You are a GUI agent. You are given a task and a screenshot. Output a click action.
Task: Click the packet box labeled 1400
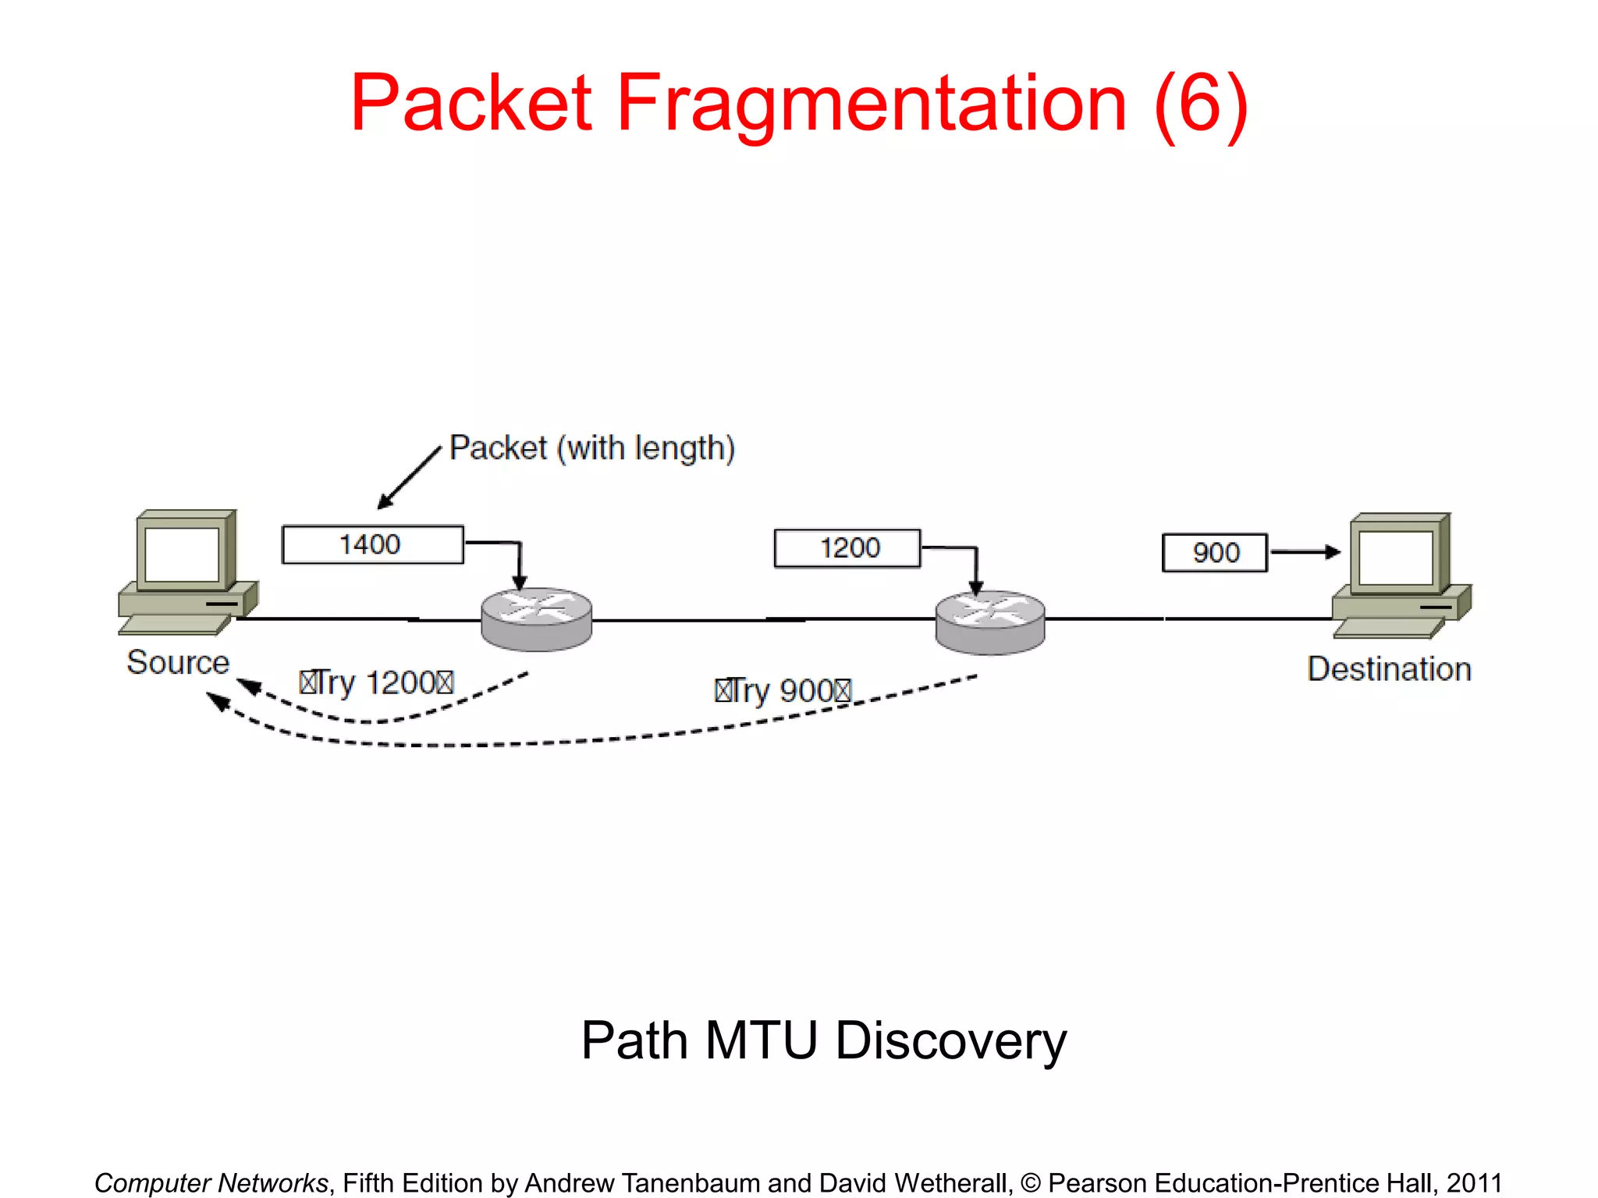pyautogui.click(x=372, y=544)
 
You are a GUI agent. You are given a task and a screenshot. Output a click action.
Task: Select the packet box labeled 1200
pyautogui.click(x=847, y=548)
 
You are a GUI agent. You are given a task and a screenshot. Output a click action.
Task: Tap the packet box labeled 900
pyautogui.click(x=1214, y=552)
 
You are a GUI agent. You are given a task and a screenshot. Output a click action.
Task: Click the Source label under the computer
pyautogui.click(x=178, y=662)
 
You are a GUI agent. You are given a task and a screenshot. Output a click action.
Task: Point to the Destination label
pyautogui.click(x=1389, y=669)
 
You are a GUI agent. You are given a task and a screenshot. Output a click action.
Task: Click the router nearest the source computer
pyautogui.click(x=536, y=618)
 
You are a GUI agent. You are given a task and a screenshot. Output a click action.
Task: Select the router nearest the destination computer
pyautogui.click(x=989, y=622)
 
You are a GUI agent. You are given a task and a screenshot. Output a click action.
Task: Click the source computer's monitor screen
pyautogui.click(x=182, y=554)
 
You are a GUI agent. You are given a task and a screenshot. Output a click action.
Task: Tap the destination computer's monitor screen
pyautogui.click(x=1395, y=557)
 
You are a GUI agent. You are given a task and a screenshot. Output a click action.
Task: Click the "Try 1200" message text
pyautogui.click(x=376, y=683)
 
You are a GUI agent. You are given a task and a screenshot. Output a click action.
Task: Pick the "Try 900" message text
pyautogui.click(x=783, y=691)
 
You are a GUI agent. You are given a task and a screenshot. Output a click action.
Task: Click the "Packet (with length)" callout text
pyautogui.click(x=592, y=448)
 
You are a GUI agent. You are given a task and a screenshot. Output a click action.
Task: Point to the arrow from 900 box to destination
pyautogui.click(x=1305, y=551)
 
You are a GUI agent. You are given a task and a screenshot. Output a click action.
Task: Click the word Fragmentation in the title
pyautogui.click(x=872, y=104)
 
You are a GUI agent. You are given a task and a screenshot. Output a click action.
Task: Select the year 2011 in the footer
pyautogui.click(x=1474, y=1182)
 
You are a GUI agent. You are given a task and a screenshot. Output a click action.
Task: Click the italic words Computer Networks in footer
pyautogui.click(x=211, y=1182)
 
